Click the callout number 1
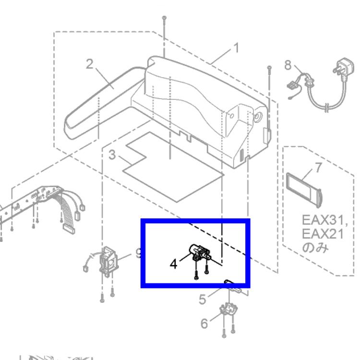[236, 48]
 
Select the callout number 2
[90, 64]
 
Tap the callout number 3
[112, 155]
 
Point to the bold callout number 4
[173, 264]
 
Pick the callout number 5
[202, 299]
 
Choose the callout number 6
[204, 323]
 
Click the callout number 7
[318, 168]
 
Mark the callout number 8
[288, 65]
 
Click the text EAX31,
[324, 220]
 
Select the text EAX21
[323, 234]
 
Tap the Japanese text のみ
[315, 248]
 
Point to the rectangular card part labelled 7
[303, 190]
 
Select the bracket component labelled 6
[228, 310]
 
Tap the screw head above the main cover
[164, 18]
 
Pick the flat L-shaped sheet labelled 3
[173, 167]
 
